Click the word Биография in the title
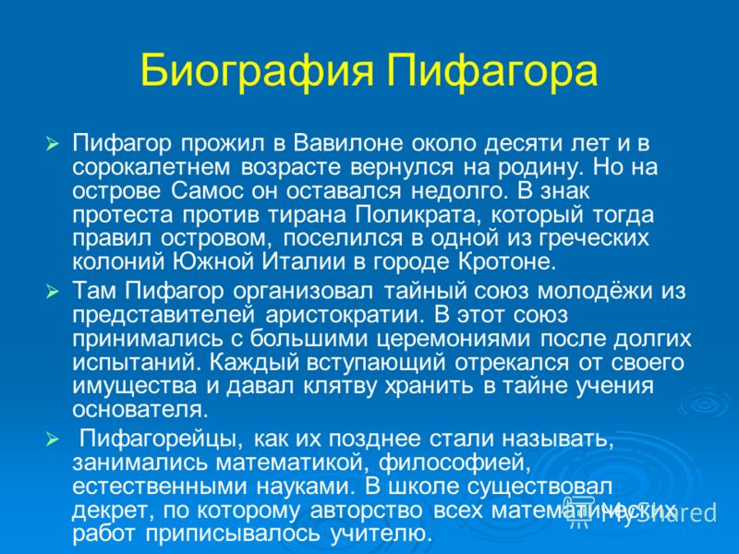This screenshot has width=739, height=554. (x=258, y=72)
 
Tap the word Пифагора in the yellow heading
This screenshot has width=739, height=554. (x=492, y=72)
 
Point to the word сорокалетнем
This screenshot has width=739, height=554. (x=151, y=167)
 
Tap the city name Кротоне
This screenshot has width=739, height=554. (x=507, y=262)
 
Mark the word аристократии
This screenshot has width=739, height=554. (x=342, y=315)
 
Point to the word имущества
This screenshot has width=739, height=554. (x=134, y=386)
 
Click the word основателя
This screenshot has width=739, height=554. (x=140, y=410)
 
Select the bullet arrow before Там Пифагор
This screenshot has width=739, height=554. (x=53, y=293)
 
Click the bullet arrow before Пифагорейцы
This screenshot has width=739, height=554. (x=53, y=440)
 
